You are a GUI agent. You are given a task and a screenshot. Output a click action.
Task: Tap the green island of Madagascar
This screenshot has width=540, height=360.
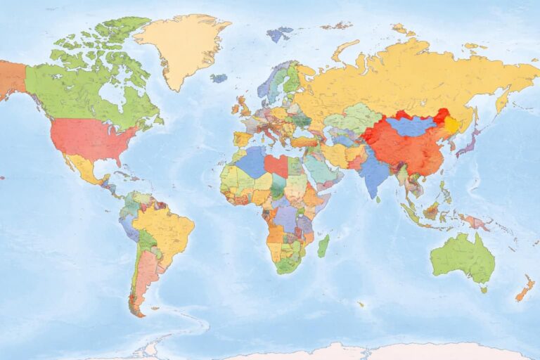tap(323, 245)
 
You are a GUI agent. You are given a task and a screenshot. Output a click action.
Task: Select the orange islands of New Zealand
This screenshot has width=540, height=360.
tap(525, 288)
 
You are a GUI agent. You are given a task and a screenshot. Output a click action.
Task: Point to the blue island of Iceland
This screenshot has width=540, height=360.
tap(219, 78)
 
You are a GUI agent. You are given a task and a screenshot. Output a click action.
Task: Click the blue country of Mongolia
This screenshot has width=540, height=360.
tap(412, 126)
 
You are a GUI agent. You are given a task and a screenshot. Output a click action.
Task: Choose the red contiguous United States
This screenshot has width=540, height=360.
tap(91, 138)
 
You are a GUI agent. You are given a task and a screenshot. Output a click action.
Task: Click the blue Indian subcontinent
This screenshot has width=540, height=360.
tap(375, 172)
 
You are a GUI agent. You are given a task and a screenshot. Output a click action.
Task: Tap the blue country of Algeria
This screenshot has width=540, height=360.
tap(251, 162)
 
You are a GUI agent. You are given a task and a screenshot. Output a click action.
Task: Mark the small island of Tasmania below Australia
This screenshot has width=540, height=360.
tap(483, 288)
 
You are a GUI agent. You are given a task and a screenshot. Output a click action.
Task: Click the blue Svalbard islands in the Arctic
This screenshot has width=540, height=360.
tap(280, 33)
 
